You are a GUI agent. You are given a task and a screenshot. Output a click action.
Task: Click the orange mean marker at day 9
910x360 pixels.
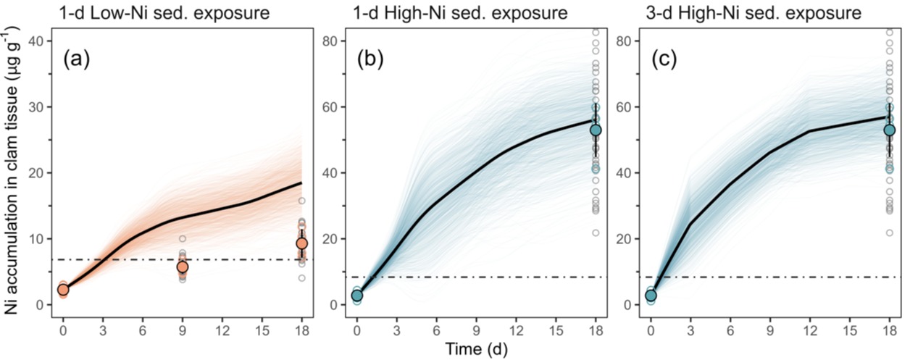click(x=183, y=267)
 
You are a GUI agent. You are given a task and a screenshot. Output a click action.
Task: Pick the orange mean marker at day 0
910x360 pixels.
click(x=63, y=290)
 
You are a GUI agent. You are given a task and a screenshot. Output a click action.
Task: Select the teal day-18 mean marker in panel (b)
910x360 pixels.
click(x=596, y=130)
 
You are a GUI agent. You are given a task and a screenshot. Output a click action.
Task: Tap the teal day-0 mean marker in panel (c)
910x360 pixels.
click(x=651, y=296)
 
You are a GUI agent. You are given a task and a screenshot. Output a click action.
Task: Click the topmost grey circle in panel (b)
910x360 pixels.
click(x=596, y=32)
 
